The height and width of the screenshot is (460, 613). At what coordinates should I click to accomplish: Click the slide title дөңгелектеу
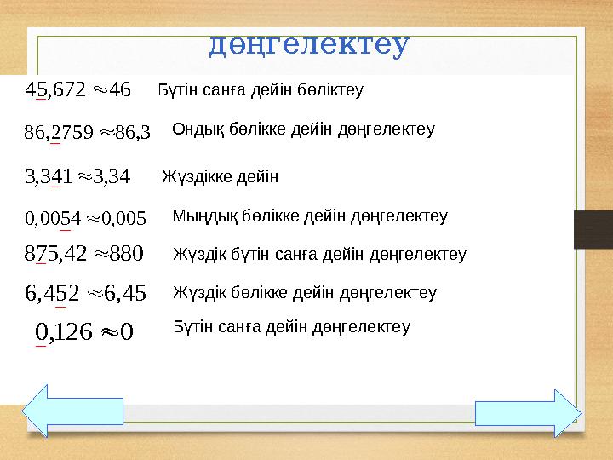click(x=309, y=43)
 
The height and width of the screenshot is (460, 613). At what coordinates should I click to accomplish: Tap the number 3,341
click(x=50, y=176)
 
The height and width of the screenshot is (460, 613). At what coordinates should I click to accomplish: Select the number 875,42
click(x=57, y=253)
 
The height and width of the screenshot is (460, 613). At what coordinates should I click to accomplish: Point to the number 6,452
click(x=54, y=293)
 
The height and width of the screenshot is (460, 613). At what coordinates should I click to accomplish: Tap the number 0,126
click(x=65, y=329)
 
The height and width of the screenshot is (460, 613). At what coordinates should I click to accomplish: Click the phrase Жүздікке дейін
click(x=220, y=176)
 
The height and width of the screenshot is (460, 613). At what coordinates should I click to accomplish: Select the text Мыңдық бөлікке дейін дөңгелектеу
click(x=310, y=216)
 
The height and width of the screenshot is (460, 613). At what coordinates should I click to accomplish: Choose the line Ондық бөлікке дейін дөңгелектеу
click(x=303, y=129)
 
